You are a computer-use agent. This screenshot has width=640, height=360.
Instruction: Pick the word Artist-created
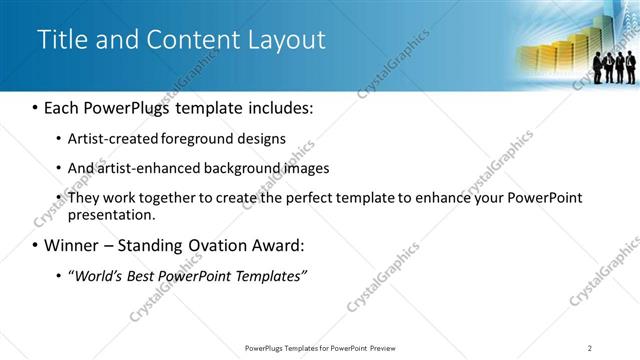tap(112, 138)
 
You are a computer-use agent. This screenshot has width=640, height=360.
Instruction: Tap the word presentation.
tap(112, 214)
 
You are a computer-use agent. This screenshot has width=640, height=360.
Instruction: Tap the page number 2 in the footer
tap(590, 347)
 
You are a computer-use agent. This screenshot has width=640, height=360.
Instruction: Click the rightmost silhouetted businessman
tap(631, 66)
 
